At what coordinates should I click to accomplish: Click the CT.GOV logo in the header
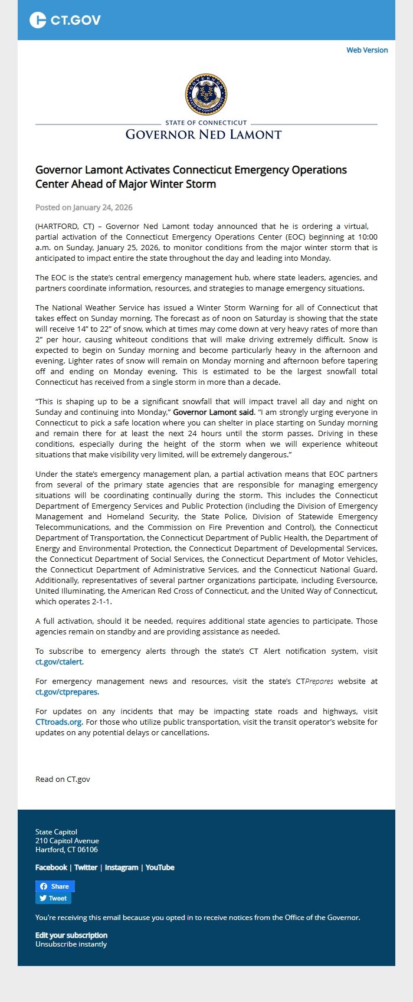tap(65, 20)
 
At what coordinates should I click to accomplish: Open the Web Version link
tap(367, 50)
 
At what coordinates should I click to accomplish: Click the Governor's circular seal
tap(206, 94)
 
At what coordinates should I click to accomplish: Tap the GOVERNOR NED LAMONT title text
tap(204, 135)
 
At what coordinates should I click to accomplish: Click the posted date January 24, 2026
tap(84, 207)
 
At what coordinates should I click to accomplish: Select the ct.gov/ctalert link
tap(59, 662)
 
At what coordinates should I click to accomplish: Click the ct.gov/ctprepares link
tap(67, 692)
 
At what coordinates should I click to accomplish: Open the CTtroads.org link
tap(58, 722)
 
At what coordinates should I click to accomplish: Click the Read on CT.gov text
tap(63, 779)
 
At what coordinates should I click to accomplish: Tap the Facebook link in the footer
tap(51, 867)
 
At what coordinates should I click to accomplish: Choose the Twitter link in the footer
tap(86, 867)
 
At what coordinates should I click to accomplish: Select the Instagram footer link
tap(122, 867)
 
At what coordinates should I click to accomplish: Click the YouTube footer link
tap(160, 867)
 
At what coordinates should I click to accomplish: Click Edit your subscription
tap(71, 935)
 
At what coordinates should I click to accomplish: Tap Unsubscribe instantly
tap(71, 944)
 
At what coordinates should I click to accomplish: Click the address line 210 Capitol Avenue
tap(67, 840)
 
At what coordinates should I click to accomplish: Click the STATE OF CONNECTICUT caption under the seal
tap(206, 123)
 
